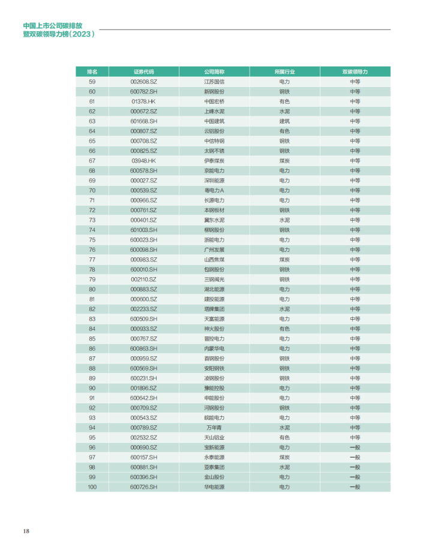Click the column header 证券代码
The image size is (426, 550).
(143, 71)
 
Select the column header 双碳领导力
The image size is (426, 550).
(355, 71)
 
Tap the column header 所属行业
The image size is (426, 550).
(284, 71)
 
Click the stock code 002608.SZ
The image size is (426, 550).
(143, 82)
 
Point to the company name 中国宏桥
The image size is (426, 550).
(214, 101)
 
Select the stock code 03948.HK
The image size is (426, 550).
(143, 161)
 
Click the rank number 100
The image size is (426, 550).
(92, 487)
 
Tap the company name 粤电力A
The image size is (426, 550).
(214, 190)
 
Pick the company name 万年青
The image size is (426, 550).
(214, 428)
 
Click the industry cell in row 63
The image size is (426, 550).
(284, 121)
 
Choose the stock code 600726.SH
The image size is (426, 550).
(143, 487)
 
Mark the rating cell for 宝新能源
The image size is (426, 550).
(355, 447)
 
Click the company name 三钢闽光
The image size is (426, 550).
(214, 279)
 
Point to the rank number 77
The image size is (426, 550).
(92, 260)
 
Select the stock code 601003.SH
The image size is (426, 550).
(143, 230)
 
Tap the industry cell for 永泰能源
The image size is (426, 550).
(284, 458)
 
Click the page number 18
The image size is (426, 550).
(26, 531)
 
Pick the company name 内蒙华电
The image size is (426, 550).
(214, 348)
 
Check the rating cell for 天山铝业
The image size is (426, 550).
(355, 438)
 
